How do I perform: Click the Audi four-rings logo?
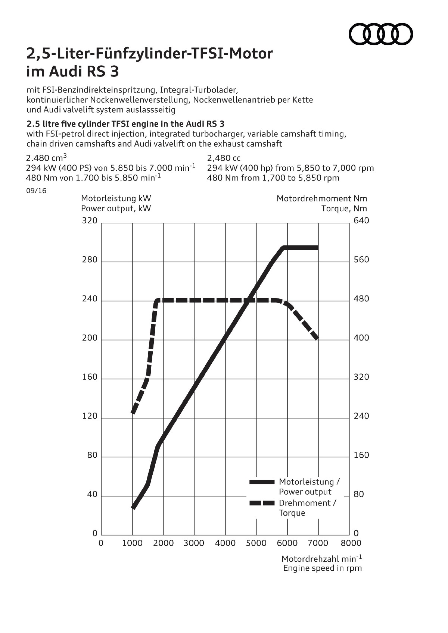coord(381,34)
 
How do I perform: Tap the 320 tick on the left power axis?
coord(90,220)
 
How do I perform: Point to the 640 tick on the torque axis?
coord(361,220)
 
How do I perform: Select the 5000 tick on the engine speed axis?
coord(256,543)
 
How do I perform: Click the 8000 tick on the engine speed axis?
coord(351,543)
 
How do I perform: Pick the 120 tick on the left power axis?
coord(90,416)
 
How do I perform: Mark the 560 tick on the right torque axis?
coord(361,260)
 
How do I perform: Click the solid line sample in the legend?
coord(262,482)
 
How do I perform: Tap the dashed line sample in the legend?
coord(262,503)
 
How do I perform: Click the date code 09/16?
coord(36,191)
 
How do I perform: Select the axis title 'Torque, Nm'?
coord(344,209)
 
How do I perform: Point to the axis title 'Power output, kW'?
coord(116,209)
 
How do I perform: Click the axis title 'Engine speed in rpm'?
coord(323,568)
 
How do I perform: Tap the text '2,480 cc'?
coord(224,158)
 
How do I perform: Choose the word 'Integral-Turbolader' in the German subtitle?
coord(199,90)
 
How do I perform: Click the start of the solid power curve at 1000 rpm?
coord(133,507)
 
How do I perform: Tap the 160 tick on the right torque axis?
coord(361,455)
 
